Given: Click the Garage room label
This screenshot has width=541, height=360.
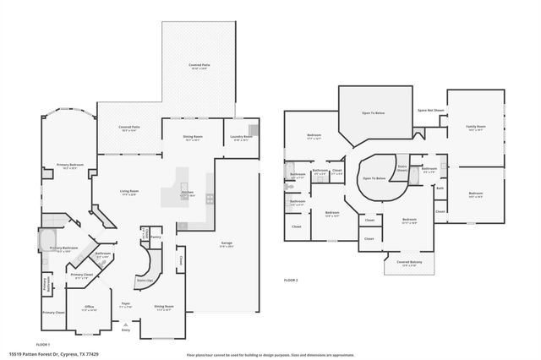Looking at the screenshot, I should click(227, 243).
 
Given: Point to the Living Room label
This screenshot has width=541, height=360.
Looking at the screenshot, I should click(128, 193).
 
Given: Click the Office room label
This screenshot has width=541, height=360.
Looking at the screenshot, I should click(89, 308).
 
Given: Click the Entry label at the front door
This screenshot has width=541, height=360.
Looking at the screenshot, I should click(127, 330).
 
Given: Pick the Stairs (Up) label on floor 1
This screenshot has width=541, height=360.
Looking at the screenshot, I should click(145, 278).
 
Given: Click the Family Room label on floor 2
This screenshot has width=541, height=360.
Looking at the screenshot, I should click(475, 128).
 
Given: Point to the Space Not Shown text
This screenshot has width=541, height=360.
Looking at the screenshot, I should click(430, 111).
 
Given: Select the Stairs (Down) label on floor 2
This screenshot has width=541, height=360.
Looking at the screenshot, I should click(403, 168).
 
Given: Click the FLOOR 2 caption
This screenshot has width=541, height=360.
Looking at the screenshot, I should click(291, 280).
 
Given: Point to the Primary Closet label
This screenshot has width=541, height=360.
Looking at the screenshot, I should click(82, 275).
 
